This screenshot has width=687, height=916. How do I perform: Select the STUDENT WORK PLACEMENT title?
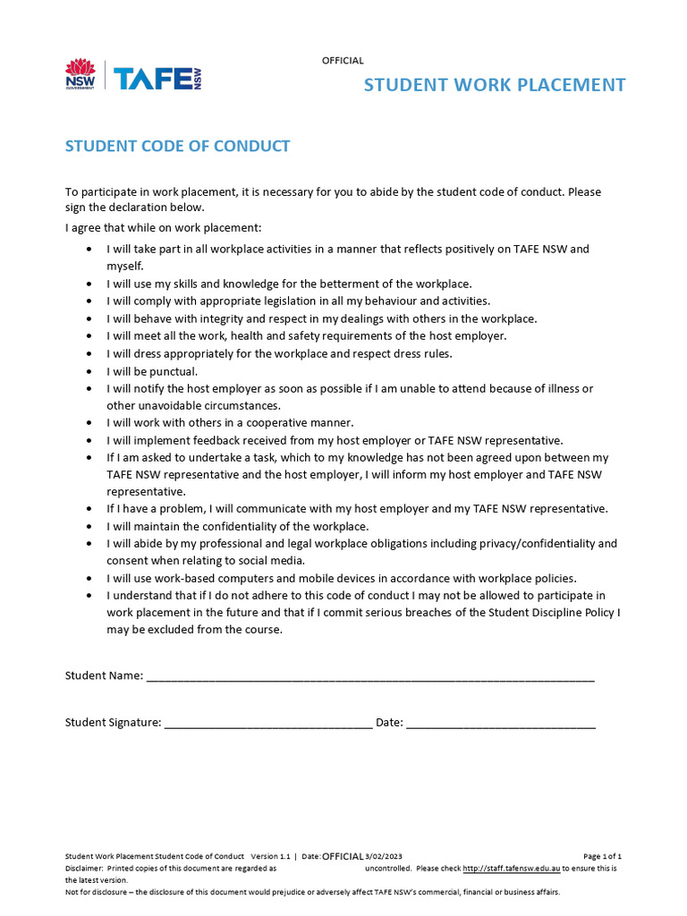tap(494, 85)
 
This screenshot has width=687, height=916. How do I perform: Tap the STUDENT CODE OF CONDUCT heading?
tap(177, 146)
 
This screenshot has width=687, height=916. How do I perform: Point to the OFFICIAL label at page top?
tap(343, 61)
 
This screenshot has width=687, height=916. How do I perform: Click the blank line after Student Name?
tap(370, 677)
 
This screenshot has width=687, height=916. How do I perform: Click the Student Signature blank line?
tap(268, 724)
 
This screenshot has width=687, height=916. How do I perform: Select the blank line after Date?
tap(501, 724)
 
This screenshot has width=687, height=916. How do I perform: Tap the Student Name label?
tap(104, 676)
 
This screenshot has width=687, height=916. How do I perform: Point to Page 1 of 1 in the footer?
tap(602, 856)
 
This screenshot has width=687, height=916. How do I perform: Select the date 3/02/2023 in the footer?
tap(386, 856)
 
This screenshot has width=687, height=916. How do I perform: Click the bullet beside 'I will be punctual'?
tap(89, 371)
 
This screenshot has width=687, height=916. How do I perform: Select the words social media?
tap(273, 561)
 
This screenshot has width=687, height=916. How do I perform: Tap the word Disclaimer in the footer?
tap(82, 868)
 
